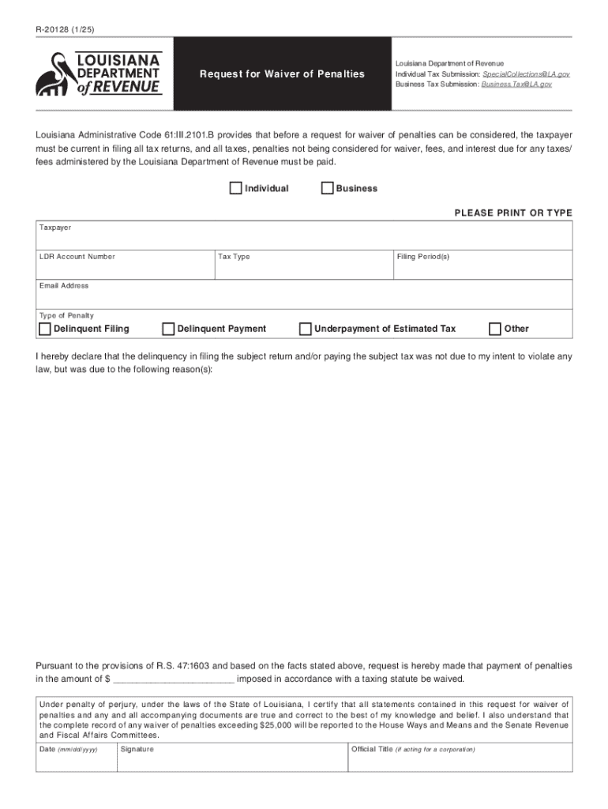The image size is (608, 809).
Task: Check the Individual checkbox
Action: [235, 188]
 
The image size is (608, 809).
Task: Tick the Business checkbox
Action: [327, 188]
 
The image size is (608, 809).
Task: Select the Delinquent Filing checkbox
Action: [45, 329]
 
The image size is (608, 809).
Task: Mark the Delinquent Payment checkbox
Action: [168, 329]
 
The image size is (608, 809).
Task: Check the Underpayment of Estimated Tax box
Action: [305, 329]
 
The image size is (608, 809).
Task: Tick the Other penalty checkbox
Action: [495, 329]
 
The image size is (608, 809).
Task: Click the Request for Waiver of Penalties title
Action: [282, 74]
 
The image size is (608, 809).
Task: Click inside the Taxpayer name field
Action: [304, 239]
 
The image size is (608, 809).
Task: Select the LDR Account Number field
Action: [124, 269]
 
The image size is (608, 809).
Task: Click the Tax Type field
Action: [304, 269]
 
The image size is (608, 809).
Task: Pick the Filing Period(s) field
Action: [482, 269]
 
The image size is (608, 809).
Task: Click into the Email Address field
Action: [304, 297]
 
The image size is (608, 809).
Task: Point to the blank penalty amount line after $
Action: [175, 679]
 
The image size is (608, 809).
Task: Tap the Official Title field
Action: [460, 761]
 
